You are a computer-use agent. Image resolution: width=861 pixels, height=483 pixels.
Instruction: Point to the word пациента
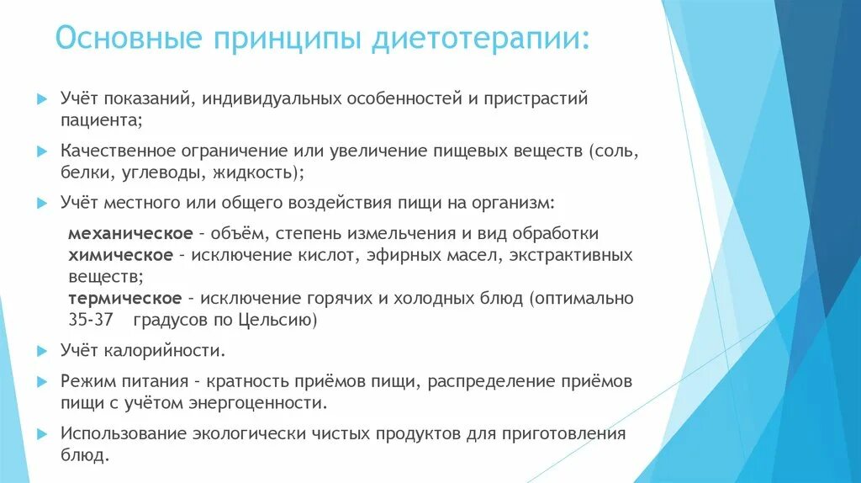[x=100, y=120]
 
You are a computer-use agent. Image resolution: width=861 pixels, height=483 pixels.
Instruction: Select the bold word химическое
[x=120, y=254]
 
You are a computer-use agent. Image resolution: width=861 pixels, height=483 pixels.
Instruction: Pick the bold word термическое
[x=124, y=298]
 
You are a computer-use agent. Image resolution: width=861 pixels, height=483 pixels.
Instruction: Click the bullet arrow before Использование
[x=42, y=434]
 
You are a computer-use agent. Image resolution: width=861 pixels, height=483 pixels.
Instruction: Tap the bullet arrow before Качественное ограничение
[x=42, y=151]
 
